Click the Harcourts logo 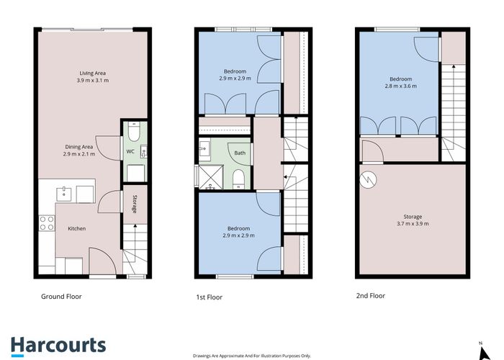tap(58, 345)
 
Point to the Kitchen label tap(77, 228)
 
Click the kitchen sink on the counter tap(64, 192)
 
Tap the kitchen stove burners tap(47, 223)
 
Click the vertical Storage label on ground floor tap(134, 204)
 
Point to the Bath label tap(240, 152)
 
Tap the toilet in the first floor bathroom tap(239, 179)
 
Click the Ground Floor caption tap(61, 296)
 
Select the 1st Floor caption tap(210, 296)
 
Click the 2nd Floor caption tap(370, 295)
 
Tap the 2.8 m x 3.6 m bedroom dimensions tap(401, 86)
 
